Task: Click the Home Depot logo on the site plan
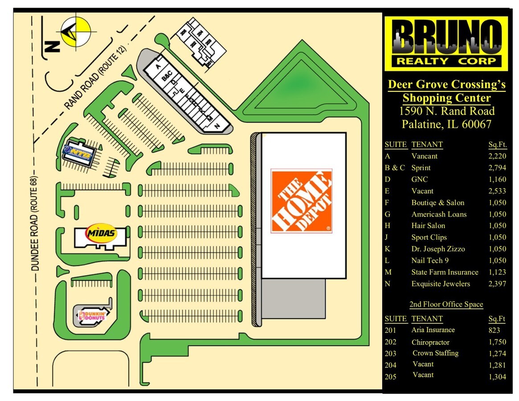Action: pyautogui.click(x=301, y=200)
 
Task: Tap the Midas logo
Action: pyautogui.click(x=101, y=233)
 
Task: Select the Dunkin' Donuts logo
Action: pyautogui.click(x=92, y=316)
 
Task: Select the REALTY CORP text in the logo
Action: pyautogui.click(x=446, y=61)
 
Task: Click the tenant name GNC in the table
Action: pyautogui.click(x=419, y=180)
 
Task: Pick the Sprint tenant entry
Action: pyautogui.click(x=421, y=168)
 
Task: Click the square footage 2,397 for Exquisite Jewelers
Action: pyautogui.click(x=497, y=284)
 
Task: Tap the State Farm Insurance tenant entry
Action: pyautogui.click(x=445, y=272)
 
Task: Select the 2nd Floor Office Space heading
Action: pyautogui.click(x=446, y=304)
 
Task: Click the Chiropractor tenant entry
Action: pyautogui.click(x=430, y=342)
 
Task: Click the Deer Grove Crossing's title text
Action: pyautogui.click(x=446, y=84)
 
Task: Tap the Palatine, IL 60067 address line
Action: pyautogui.click(x=446, y=124)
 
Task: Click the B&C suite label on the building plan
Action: pyautogui.click(x=167, y=76)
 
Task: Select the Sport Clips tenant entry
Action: pyautogui.click(x=429, y=237)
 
